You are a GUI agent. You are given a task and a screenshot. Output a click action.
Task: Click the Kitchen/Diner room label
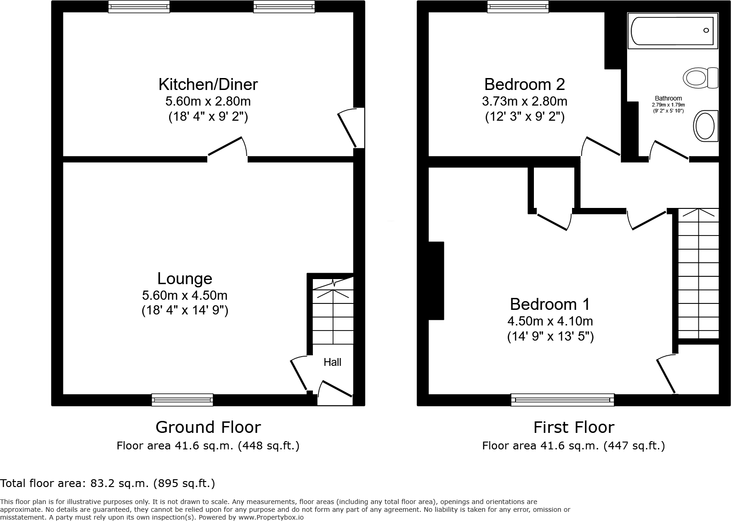point(208,84)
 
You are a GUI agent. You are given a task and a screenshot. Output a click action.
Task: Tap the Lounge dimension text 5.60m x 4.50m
point(185,295)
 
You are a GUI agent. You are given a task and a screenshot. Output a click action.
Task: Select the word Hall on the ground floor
point(332,362)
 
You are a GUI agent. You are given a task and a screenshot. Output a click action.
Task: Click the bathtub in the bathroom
point(672,31)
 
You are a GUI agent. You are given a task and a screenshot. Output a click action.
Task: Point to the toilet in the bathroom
point(701,78)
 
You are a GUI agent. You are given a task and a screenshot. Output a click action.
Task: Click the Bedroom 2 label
point(524,84)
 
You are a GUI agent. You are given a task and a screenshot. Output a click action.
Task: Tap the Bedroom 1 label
point(550,304)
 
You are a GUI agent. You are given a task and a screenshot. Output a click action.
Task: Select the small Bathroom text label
point(668,98)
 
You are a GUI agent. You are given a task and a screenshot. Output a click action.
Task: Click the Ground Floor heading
point(208,427)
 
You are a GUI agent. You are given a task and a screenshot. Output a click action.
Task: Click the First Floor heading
point(573,427)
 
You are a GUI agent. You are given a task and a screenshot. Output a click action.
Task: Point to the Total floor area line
point(108,483)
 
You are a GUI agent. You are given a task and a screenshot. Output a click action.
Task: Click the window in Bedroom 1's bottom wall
point(562,400)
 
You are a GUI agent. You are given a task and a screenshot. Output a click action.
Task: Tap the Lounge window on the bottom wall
point(182,400)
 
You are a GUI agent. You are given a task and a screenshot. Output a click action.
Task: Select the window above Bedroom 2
point(518,6)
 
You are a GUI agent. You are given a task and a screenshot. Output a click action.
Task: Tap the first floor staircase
point(698,274)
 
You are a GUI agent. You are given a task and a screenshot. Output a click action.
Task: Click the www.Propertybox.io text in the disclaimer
point(271,517)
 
